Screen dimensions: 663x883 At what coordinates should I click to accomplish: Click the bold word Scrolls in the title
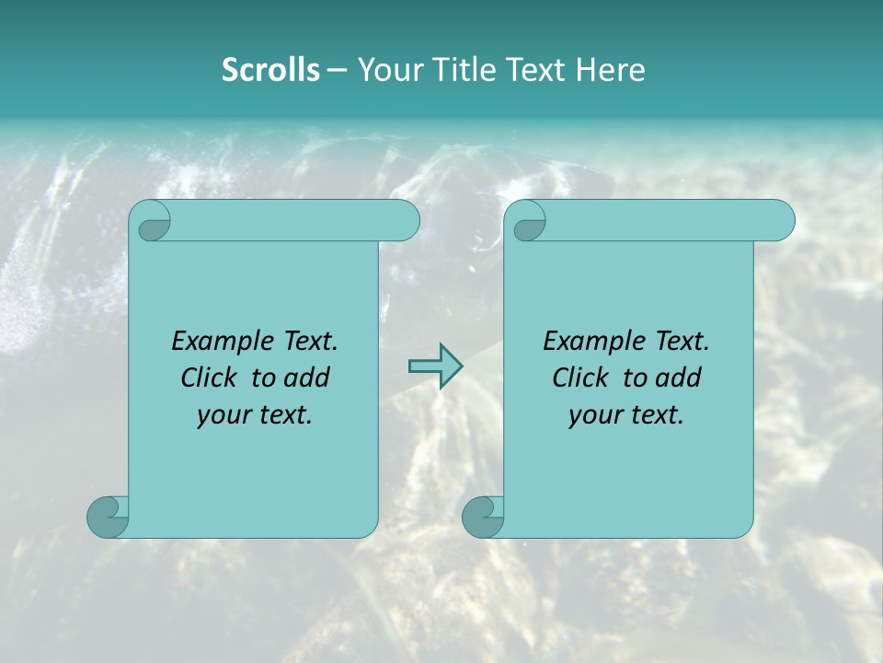click(x=270, y=70)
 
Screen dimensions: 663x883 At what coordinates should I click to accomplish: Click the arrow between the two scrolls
click(x=435, y=366)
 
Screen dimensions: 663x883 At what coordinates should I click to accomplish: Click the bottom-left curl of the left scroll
click(x=106, y=516)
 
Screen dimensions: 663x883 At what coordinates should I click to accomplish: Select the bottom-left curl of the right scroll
click(x=481, y=516)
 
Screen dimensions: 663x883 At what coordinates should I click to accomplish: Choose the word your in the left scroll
click(x=224, y=416)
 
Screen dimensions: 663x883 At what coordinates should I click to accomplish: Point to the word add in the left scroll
click(x=308, y=378)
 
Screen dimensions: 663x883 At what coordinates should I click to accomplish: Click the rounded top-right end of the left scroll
click(x=405, y=220)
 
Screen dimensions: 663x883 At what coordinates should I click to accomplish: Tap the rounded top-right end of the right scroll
click(x=780, y=220)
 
